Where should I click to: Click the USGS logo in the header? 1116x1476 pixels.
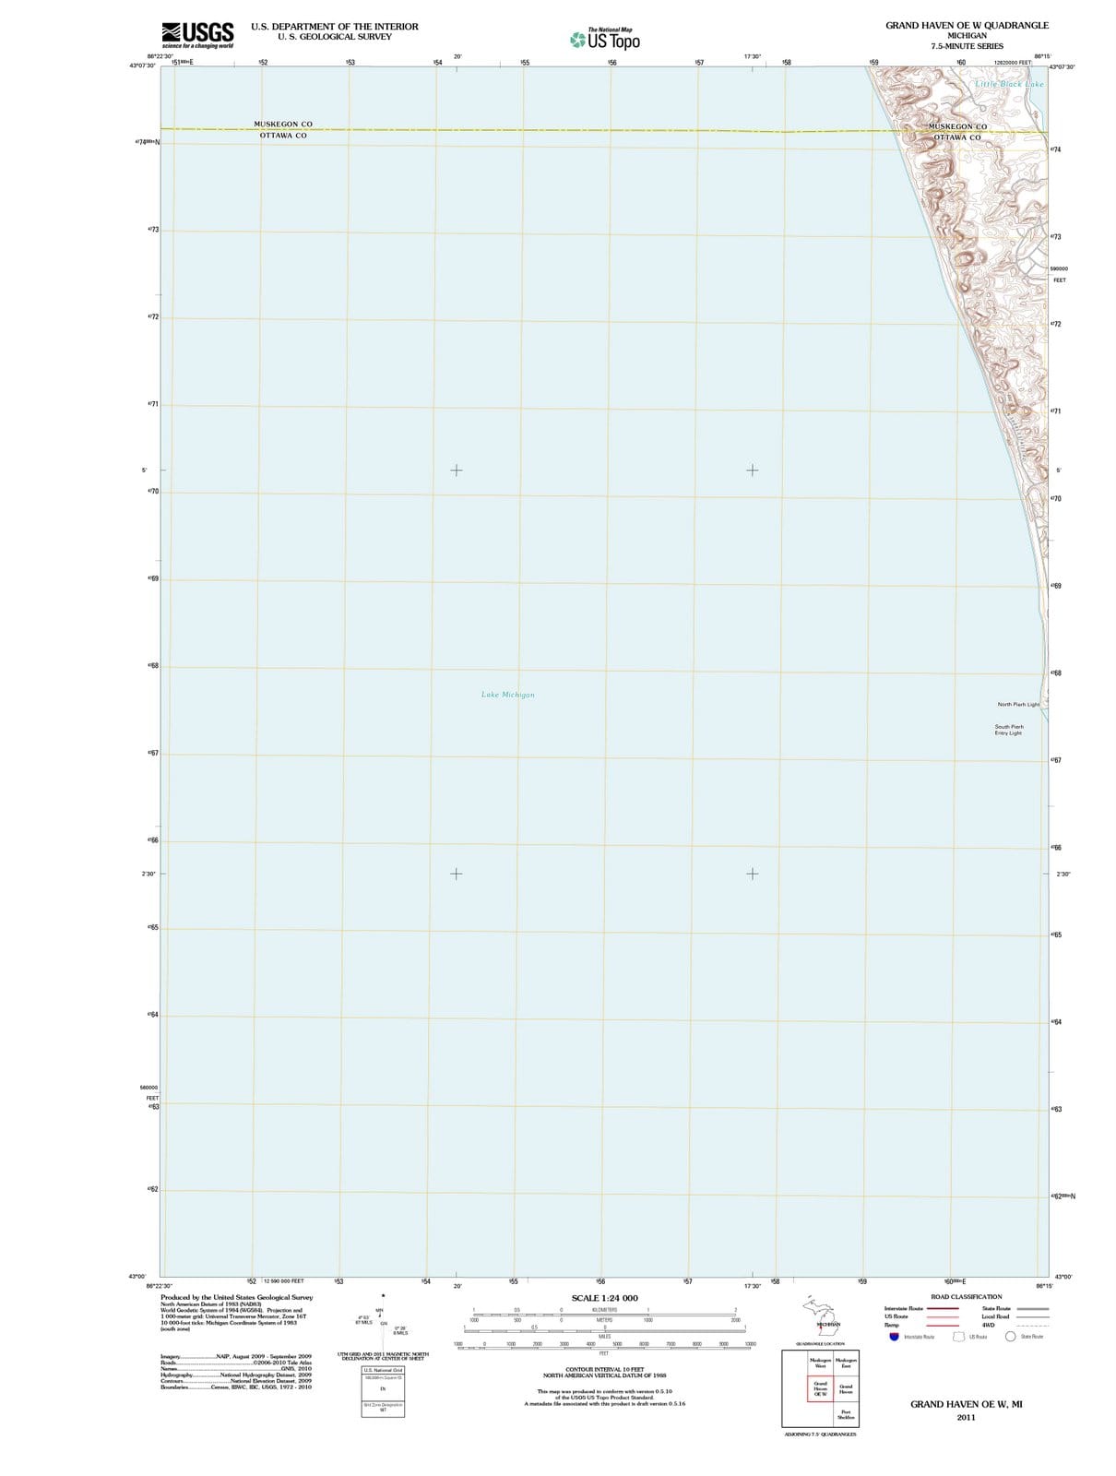click(x=196, y=34)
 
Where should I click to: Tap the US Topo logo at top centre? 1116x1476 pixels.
click(x=605, y=40)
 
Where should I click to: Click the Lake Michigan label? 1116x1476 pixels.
click(x=507, y=695)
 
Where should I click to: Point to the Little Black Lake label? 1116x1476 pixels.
click(x=1010, y=84)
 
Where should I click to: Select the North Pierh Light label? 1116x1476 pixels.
click(x=1017, y=704)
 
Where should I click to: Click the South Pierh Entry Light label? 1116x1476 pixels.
click(x=1008, y=730)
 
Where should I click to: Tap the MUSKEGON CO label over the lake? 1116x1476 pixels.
click(x=283, y=124)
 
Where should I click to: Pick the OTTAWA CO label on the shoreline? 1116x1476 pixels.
click(x=957, y=137)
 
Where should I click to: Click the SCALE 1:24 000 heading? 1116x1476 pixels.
click(x=604, y=1298)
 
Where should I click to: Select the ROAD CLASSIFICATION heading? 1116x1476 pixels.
click(x=966, y=1296)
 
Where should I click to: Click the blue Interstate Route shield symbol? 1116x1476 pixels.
click(x=893, y=1336)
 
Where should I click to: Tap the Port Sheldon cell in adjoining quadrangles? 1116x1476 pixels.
click(x=846, y=1414)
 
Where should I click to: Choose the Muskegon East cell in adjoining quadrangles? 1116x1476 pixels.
click(x=846, y=1363)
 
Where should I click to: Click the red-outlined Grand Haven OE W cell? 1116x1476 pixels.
click(x=820, y=1388)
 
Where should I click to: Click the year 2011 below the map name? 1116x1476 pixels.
click(x=966, y=1417)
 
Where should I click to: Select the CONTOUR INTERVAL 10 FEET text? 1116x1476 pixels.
click(x=604, y=1369)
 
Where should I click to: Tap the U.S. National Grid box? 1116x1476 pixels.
click(x=383, y=1371)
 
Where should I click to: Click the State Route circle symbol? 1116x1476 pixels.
click(x=1010, y=1336)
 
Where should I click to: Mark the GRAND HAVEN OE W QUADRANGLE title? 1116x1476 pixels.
click(x=967, y=25)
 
